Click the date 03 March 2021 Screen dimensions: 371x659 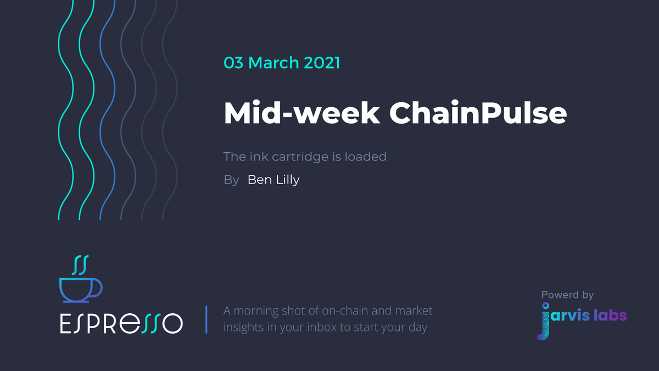282,63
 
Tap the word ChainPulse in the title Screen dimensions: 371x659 478,113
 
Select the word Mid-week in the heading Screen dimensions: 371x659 301,113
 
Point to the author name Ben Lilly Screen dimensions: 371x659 273,180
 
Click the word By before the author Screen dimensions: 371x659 231,180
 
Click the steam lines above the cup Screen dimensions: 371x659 81,264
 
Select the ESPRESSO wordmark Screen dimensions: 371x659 121,323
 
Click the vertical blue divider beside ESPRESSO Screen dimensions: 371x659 206,320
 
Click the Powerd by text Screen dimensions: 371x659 567,295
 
